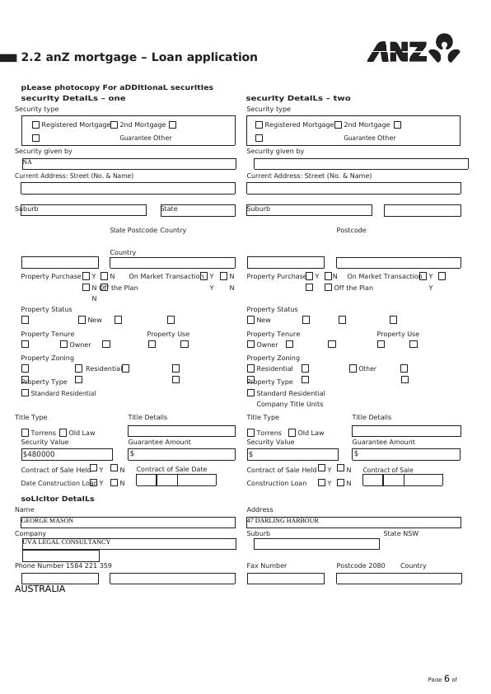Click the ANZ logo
tap(413, 49)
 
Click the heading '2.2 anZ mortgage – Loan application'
tap(138, 57)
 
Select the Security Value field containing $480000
tap(67, 454)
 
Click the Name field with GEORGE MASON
tap(128, 522)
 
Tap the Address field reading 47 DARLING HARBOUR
tap(353, 522)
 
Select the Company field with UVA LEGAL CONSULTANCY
tap(128, 543)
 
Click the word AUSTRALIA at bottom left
tap(40, 589)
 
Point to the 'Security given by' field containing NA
tap(128, 163)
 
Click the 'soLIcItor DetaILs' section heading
tap(58, 499)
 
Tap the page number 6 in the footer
tap(447, 679)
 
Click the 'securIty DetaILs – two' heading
tap(298, 98)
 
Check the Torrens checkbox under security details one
tap(25, 433)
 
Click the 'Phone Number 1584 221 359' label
tap(63, 565)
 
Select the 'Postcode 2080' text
tap(360, 565)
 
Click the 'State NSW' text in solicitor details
tap(400, 533)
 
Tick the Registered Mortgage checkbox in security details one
tap(35, 125)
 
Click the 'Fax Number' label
tap(267, 565)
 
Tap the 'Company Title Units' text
tap(289, 404)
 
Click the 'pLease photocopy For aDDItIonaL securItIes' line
tap(117, 87)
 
